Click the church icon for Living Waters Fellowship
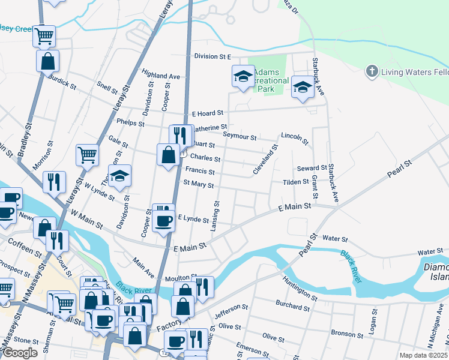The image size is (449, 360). [372, 72]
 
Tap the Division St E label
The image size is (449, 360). [212, 56]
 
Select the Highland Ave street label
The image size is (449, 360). [161, 77]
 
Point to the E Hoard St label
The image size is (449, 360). [207, 113]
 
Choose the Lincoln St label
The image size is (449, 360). [295, 139]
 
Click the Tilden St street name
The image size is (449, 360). [296, 182]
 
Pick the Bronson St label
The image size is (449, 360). [343, 332]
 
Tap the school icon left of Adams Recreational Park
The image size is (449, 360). [243, 76]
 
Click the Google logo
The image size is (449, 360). [20, 352]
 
